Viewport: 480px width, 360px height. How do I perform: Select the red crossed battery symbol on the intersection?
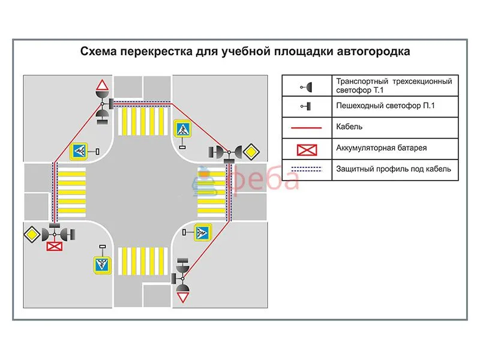(55, 246)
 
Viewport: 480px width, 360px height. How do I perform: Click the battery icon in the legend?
(306, 148)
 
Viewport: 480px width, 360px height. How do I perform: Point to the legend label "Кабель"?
(350, 127)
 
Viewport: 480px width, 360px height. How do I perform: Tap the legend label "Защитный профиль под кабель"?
(394, 169)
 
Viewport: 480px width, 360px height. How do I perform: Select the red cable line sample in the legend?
(306, 127)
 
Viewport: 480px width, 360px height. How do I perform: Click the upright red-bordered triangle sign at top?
(103, 85)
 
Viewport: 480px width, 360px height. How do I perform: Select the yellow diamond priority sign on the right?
(251, 152)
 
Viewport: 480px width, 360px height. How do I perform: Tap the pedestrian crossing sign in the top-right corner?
(182, 129)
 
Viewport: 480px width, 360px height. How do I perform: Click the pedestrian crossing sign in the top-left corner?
(80, 151)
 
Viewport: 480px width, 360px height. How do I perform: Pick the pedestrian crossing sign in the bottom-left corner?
(102, 265)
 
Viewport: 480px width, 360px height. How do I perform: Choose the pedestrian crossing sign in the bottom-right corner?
(202, 233)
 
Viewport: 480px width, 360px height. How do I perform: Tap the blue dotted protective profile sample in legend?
(306, 169)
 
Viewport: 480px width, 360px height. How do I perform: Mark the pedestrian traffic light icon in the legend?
(306, 106)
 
